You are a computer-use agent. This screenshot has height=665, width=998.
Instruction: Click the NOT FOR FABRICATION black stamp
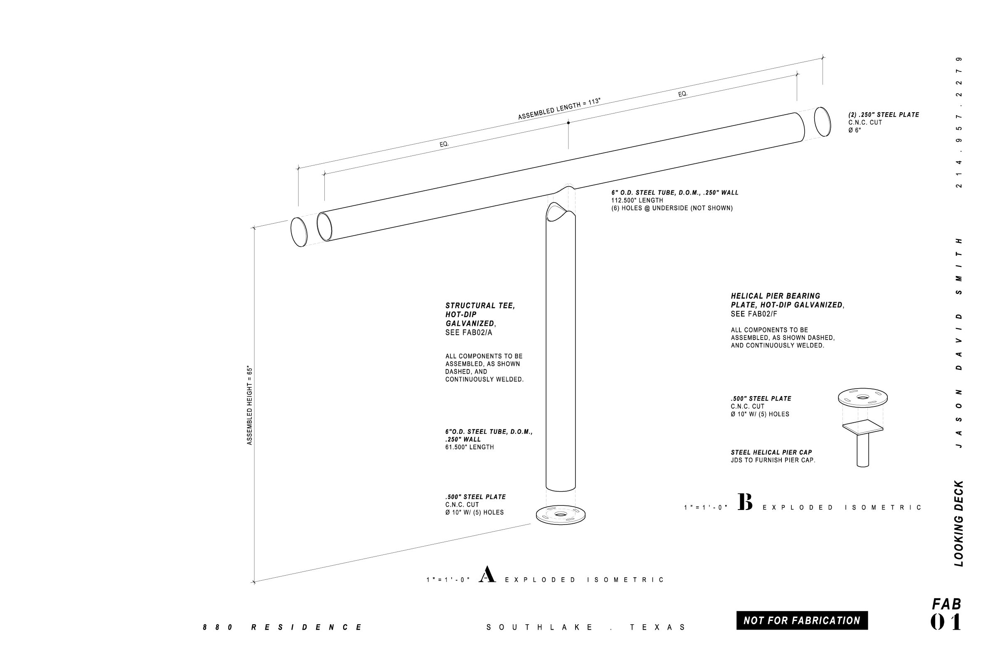802,621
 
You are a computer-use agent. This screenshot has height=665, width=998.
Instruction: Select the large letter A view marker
487,574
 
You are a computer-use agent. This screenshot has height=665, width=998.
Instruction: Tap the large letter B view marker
745,502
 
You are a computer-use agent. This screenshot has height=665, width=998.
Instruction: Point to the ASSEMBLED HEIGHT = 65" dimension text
249,406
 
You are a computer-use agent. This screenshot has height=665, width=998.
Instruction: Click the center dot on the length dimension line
568,123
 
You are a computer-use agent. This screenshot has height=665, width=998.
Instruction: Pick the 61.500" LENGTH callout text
469,447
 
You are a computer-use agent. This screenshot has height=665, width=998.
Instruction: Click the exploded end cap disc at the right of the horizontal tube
823,122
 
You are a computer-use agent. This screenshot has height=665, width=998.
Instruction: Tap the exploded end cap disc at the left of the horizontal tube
299,232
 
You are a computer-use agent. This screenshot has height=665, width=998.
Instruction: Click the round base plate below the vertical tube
561,515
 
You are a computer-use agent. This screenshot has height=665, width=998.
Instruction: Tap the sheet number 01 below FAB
946,623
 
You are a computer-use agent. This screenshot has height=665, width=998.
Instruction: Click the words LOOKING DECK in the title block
959,523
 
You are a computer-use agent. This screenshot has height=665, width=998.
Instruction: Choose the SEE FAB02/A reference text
469,332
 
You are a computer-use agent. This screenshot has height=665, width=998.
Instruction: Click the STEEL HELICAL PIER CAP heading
771,453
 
